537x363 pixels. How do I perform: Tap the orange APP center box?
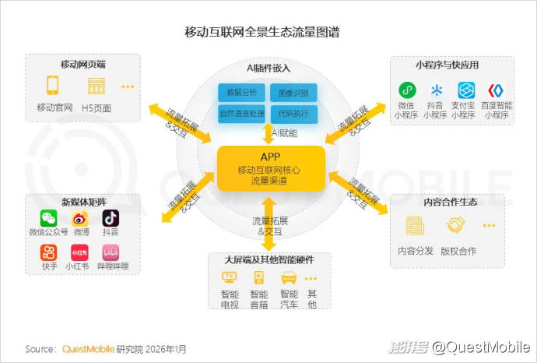click(x=269, y=168)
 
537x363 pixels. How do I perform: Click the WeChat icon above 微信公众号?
click(x=49, y=218)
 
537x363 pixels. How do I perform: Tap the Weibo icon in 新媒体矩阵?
click(x=80, y=218)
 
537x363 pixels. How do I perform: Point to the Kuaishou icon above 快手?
click(x=49, y=252)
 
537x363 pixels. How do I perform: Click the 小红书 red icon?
click(x=79, y=252)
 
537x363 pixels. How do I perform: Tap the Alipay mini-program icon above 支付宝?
click(x=466, y=90)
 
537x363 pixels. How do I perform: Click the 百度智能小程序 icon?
click(x=496, y=90)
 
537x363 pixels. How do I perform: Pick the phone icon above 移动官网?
click(x=53, y=85)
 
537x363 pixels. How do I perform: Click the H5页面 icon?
click(x=97, y=85)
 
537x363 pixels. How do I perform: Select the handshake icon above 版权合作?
click(x=455, y=225)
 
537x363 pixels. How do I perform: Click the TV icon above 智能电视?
click(x=230, y=277)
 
